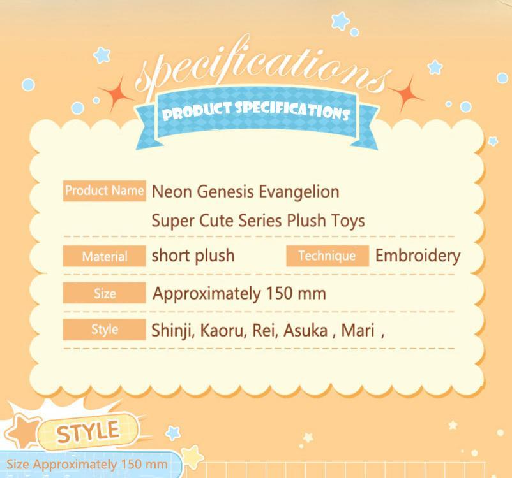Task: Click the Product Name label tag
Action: (x=104, y=191)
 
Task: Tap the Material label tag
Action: (x=104, y=256)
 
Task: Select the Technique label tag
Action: (x=328, y=256)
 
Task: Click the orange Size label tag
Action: (x=104, y=293)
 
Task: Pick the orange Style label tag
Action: (x=104, y=330)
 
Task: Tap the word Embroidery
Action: (x=418, y=256)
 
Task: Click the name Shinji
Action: (x=173, y=331)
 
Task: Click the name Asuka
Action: (x=305, y=331)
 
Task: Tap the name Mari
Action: (x=358, y=331)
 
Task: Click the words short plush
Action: (x=193, y=256)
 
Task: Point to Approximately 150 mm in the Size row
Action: (x=239, y=294)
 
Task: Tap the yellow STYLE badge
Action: (x=88, y=432)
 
